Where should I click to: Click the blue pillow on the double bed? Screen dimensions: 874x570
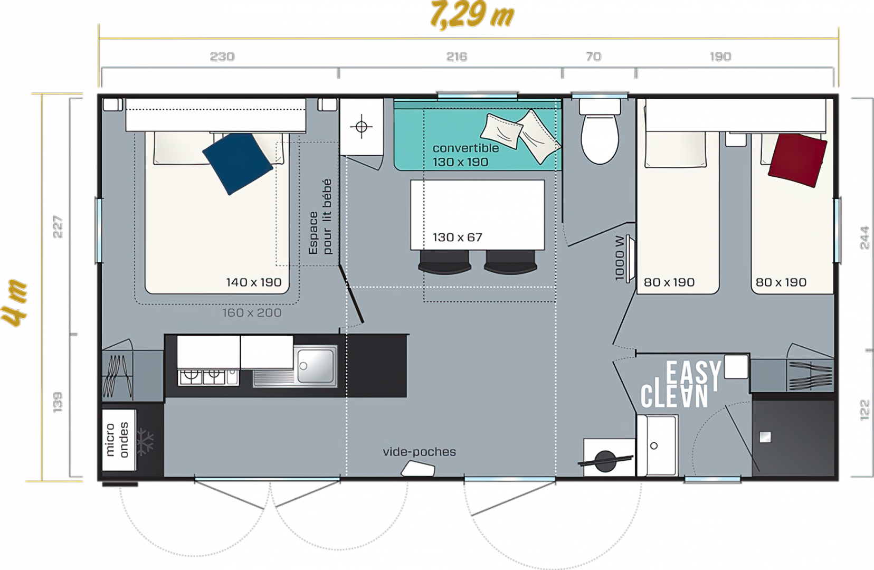[x=237, y=163]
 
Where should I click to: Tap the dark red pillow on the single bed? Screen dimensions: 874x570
[x=797, y=160]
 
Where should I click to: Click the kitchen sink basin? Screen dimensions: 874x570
[x=316, y=366]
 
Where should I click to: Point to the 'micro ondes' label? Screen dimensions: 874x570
[x=117, y=439]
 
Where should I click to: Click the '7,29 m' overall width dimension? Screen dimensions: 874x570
[x=472, y=15]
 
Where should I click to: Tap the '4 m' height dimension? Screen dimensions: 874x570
[x=14, y=303]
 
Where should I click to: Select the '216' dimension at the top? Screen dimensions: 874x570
[x=457, y=57]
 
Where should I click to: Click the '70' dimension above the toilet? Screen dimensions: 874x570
[x=593, y=57]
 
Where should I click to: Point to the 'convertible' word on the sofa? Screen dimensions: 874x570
[x=465, y=148]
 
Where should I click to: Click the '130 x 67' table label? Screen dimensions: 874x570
[x=457, y=237]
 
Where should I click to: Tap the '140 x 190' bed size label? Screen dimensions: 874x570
[x=254, y=282]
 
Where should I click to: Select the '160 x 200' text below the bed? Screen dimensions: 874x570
[x=252, y=312]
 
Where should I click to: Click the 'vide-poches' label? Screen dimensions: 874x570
[x=419, y=452]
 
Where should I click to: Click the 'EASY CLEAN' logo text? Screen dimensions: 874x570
[x=681, y=384]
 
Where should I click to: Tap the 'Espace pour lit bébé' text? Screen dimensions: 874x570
[x=320, y=217]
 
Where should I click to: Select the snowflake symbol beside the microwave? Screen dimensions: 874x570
[x=145, y=443]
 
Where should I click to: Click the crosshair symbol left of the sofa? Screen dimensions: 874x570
[x=362, y=127]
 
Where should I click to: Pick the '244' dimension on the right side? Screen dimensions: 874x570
[x=864, y=237]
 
